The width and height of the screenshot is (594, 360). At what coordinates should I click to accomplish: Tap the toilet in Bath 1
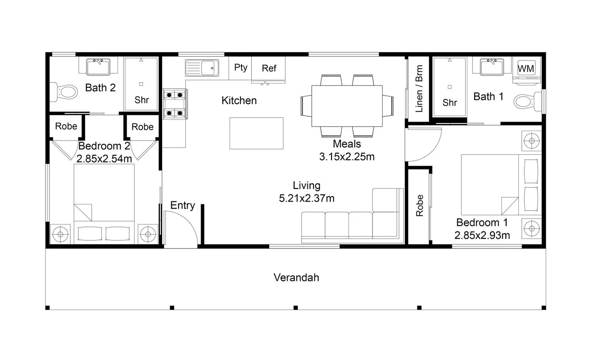[527, 101]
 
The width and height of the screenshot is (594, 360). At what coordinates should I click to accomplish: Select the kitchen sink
[202, 68]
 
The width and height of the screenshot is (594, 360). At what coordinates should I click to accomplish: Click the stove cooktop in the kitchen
[175, 104]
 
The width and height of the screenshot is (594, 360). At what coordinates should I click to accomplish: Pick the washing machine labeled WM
[526, 70]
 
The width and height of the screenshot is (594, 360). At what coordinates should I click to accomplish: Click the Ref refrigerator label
[269, 68]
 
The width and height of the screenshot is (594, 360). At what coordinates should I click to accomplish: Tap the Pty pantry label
[240, 68]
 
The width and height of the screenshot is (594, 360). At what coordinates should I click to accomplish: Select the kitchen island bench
[257, 133]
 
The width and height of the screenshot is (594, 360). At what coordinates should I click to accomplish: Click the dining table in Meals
[347, 106]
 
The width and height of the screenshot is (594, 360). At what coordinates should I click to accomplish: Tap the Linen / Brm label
[419, 89]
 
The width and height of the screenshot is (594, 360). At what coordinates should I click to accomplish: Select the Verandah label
[296, 278]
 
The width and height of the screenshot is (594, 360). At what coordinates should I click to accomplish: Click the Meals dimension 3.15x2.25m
[346, 156]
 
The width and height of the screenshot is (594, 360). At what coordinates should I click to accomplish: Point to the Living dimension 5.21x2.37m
[307, 198]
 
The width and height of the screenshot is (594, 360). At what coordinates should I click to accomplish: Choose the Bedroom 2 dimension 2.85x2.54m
[104, 159]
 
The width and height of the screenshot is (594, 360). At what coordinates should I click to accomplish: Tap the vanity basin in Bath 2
[98, 67]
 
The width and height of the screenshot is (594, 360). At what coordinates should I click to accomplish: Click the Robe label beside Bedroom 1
[419, 206]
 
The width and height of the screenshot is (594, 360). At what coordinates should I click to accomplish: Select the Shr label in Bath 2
[142, 100]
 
